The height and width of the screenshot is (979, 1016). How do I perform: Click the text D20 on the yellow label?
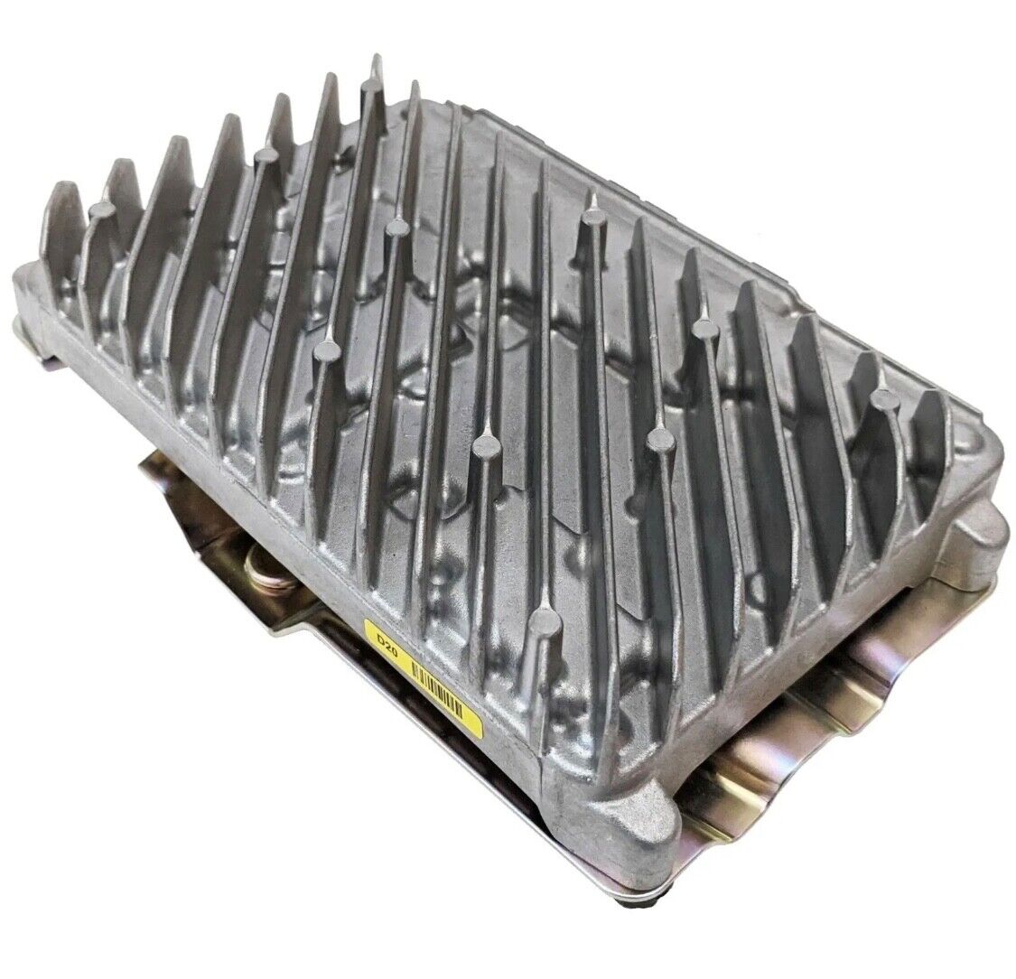tap(387, 645)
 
